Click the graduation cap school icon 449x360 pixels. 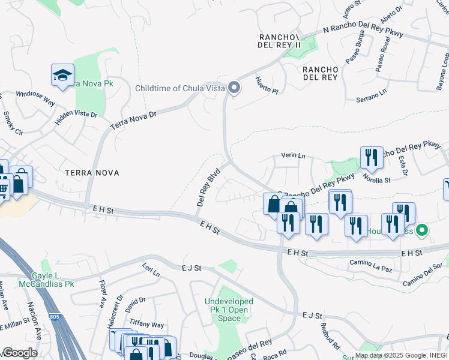[62, 76]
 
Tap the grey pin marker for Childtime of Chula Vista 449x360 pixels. [234, 89]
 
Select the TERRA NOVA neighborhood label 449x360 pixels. [92, 173]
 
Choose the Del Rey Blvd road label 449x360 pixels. [208, 187]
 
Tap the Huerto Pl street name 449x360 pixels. [267, 85]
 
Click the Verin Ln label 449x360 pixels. [294, 156]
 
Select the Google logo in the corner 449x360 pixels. [20, 353]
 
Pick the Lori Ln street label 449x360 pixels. [151, 269]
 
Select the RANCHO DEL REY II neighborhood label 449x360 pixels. [279, 40]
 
